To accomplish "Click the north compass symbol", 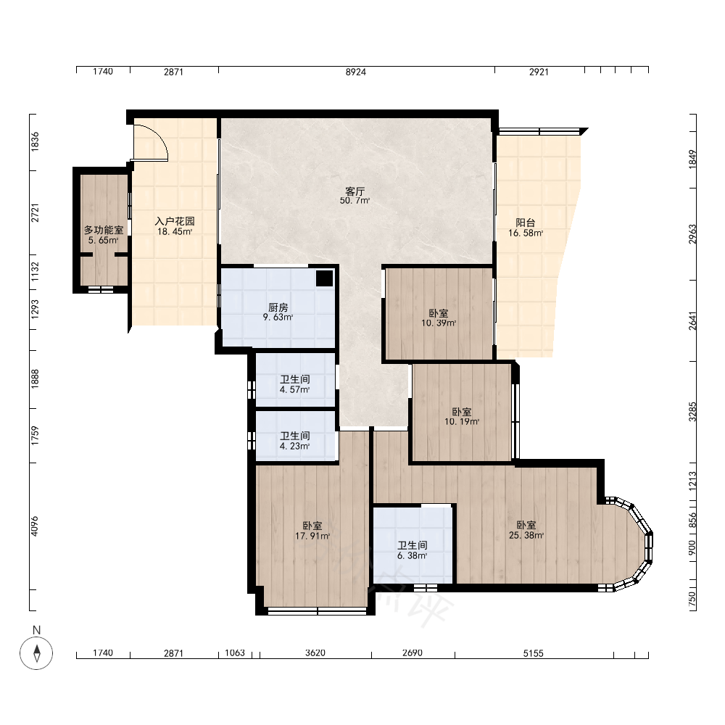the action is [36, 653].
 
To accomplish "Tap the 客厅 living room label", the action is [355, 191].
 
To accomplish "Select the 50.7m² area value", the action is [355, 201].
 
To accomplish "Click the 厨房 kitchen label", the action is [278, 307].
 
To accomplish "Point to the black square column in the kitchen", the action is [325, 278].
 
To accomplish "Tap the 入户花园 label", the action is [175, 221].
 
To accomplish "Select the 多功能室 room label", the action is [104, 230].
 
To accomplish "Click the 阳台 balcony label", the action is [526, 223].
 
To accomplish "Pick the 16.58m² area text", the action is [526, 233].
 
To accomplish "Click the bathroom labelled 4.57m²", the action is [295, 385].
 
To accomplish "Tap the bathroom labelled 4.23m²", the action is [295, 441].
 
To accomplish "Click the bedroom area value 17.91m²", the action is [312, 536].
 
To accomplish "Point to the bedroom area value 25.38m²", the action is [526, 536].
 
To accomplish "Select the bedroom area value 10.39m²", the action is [439, 323].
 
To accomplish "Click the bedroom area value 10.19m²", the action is [462, 422].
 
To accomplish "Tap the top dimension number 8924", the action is [356, 72].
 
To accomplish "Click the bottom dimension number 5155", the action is [533, 653].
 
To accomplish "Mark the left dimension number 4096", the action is [35, 526].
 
